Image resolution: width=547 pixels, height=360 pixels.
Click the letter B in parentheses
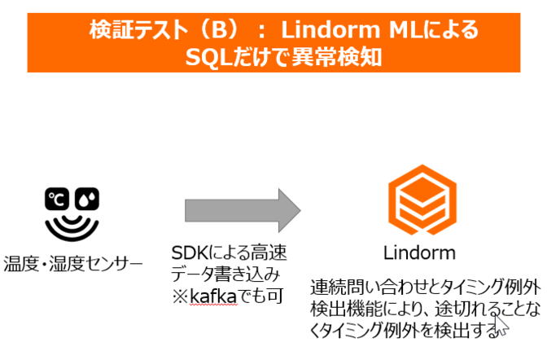(x=213, y=31)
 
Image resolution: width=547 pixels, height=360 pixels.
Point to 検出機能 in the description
(x=348, y=310)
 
